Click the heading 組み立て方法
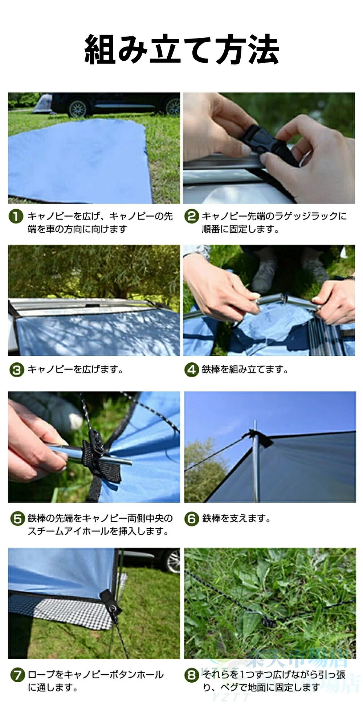pos(181,49)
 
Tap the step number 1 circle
pos(16,217)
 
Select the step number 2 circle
pos(191,217)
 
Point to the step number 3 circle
pos(16,370)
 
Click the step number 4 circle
pos(191,370)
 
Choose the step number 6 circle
pos(192,518)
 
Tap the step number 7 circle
pos(17,675)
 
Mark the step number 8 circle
pos(192,675)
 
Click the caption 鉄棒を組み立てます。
pos(245,370)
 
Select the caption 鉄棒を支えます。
pos(236,518)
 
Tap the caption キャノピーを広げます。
pos(76,370)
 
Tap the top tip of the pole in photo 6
pos(255,421)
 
